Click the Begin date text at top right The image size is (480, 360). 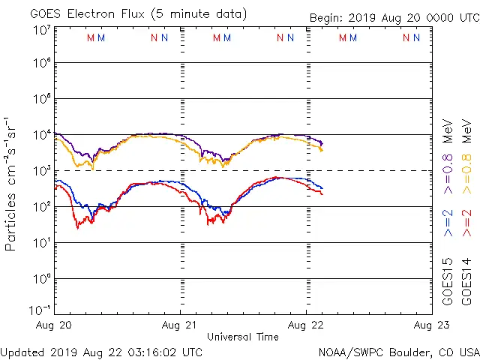pyautogui.click(x=394, y=19)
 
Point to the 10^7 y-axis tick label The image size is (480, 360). pyautogui.click(x=42, y=31)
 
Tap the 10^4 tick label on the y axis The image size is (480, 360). pyautogui.click(x=42, y=134)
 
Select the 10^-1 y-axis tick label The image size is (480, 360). pyautogui.click(x=40, y=309)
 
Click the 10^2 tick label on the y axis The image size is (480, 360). pyautogui.click(x=42, y=206)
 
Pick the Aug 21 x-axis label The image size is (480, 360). pyautogui.click(x=180, y=325)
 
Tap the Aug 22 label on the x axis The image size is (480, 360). pyautogui.click(x=306, y=325)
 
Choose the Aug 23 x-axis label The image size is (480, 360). pyautogui.click(x=430, y=325)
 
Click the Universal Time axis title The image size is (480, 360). pyautogui.click(x=242, y=337)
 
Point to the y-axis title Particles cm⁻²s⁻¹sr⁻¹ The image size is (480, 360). pyautogui.click(x=12, y=183)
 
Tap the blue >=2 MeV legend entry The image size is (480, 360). pyautogui.click(x=448, y=223)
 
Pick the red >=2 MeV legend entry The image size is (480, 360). pyautogui.click(x=466, y=223)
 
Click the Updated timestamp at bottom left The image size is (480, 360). pyautogui.click(x=101, y=352)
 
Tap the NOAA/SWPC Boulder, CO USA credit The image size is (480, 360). pyautogui.click(x=398, y=352)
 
